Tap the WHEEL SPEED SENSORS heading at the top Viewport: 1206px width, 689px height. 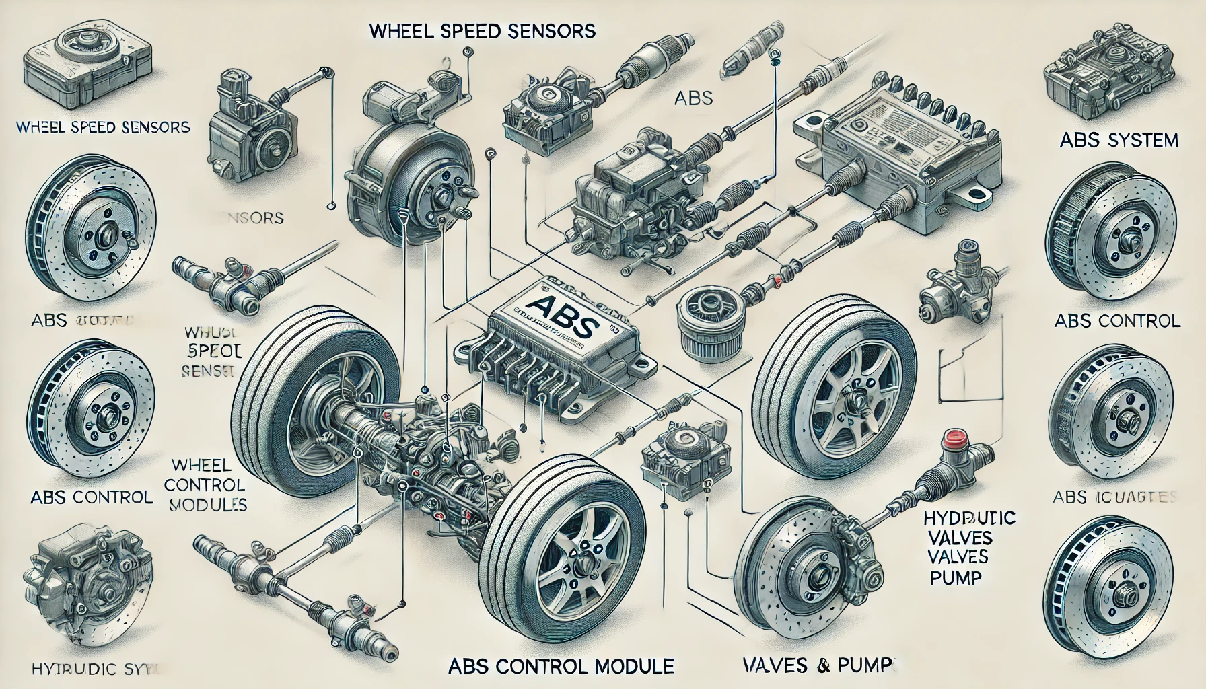coord(483,31)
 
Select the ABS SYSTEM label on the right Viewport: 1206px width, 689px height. coord(1119,140)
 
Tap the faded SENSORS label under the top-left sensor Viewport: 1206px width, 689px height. coord(252,218)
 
